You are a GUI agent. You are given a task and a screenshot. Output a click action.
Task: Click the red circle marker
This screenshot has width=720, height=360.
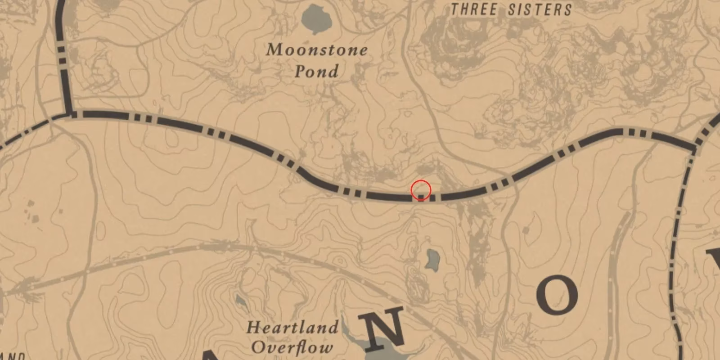pyautogui.click(x=421, y=190)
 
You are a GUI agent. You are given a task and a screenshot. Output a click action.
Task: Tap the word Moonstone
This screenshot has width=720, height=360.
pyautogui.click(x=317, y=50)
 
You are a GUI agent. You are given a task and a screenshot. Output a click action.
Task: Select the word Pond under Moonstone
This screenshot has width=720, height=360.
pyautogui.click(x=317, y=72)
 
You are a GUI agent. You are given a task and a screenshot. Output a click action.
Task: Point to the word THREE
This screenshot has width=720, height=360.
pyautogui.click(x=474, y=9)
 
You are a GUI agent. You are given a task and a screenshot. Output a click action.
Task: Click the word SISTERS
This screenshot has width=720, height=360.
pyautogui.click(x=540, y=9)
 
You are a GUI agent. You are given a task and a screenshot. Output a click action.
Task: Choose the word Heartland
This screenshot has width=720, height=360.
pyautogui.click(x=292, y=327)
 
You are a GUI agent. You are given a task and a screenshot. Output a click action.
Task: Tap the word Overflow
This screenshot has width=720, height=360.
pyautogui.click(x=292, y=347)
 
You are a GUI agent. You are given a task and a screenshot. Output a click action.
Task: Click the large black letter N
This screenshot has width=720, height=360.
pyautogui.click(x=385, y=328)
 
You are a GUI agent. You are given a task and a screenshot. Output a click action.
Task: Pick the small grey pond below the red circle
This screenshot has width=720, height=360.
pyautogui.click(x=433, y=260)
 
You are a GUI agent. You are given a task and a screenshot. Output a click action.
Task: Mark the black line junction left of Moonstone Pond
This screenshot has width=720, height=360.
pyautogui.click(x=70, y=114)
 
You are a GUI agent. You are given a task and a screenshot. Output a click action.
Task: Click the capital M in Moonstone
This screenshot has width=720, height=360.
pyautogui.click(x=275, y=50)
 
